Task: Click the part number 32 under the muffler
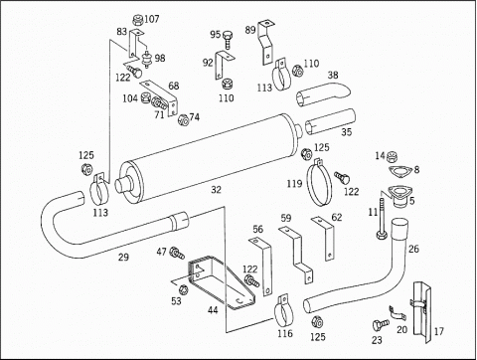pyautogui.click(x=216, y=190)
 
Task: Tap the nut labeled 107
pyautogui.click(x=137, y=21)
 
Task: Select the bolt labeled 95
pyautogui.click(x=228, y=39)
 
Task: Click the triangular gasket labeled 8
pyautogui.click(x=400, y=172)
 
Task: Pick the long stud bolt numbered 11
pyautogui.click(x=382, y=219)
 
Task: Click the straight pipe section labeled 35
pyautogui.click(x=330, y=122)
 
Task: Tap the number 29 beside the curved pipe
pyautogui.click(x=123, y=258)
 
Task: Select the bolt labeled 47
pyautogui.click(x=177, y=253)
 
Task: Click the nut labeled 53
pyautogui.click(x=183, y=289)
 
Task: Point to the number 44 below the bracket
pyautogui.click(x=213, y=310)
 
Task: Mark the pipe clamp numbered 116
pyautogui.click(x=284, y=311)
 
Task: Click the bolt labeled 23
pyautogui.click(x=380, y=324)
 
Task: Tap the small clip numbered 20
pyautogui.click(x=397, y=313)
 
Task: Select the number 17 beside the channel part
pyautogui.click(x=438, y=331)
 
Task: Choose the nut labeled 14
pyautogui.click(x=392, y=156)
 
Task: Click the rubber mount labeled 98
pyautogui.click(x=145, y=60)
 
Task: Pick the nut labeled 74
pyautogui.click(x=183, y=119)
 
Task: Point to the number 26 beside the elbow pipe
pyautogui.click(x=413, y=249)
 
